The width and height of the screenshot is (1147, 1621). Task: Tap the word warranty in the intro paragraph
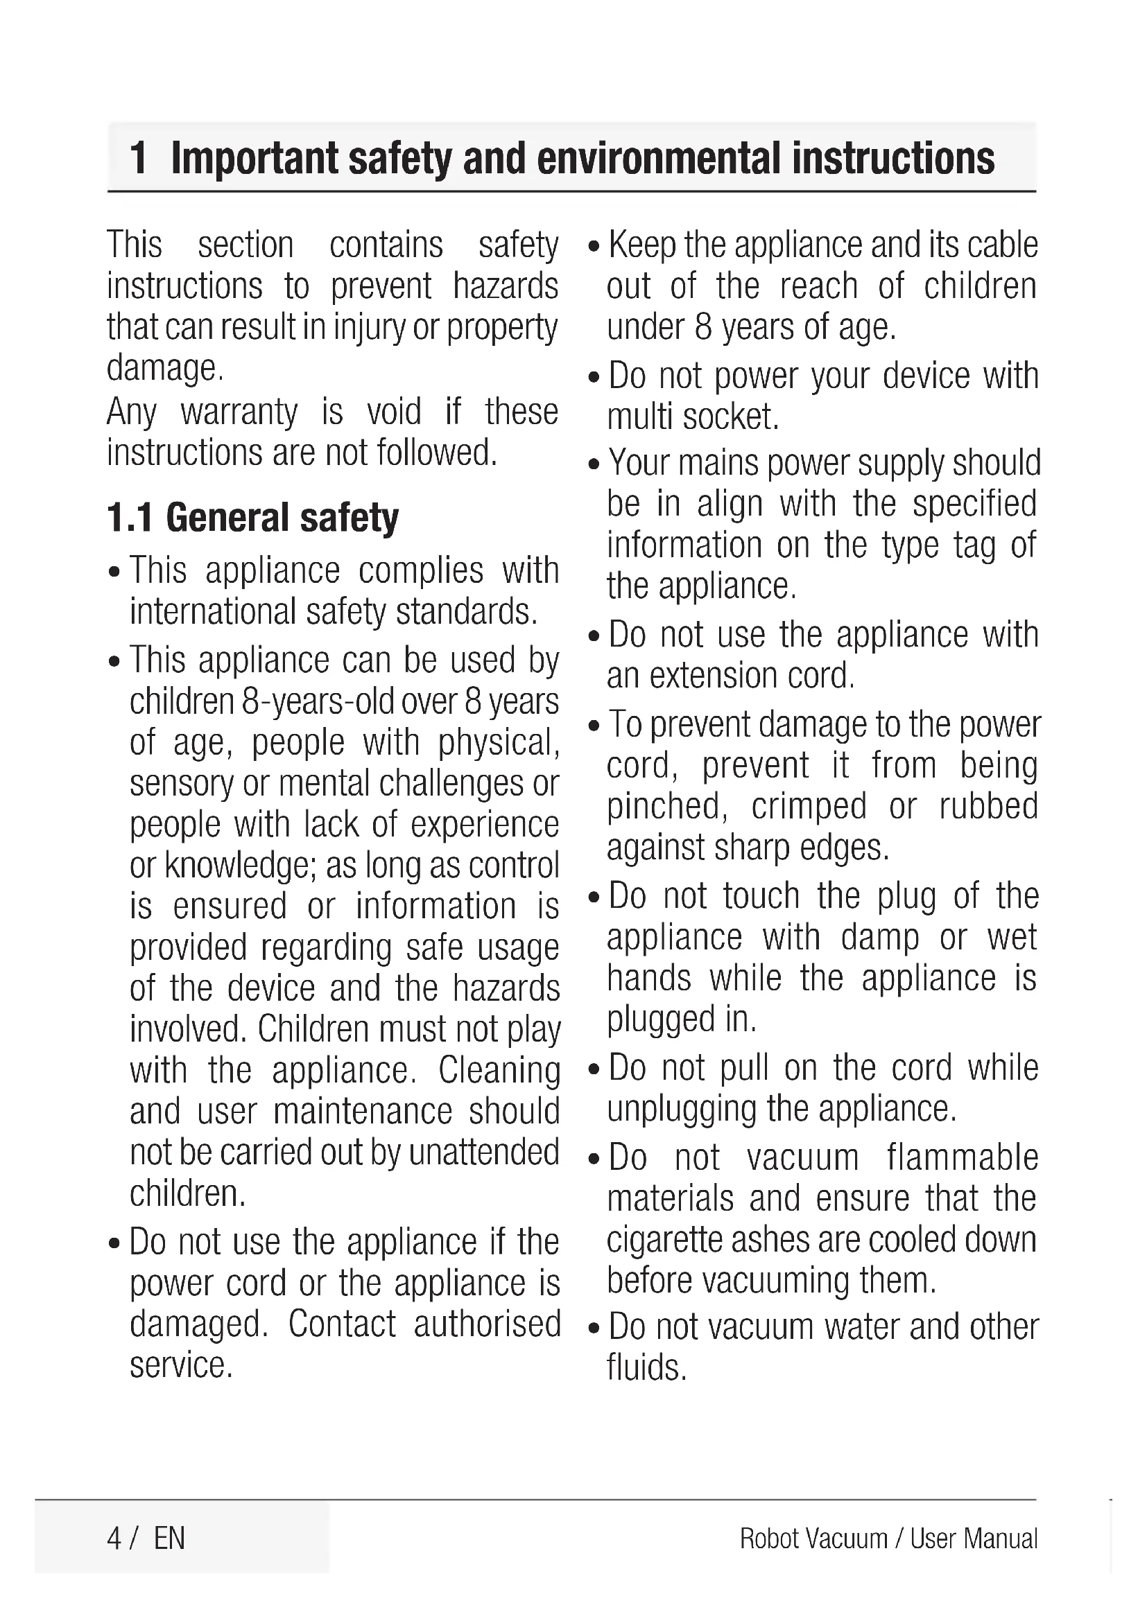tap(239, 412)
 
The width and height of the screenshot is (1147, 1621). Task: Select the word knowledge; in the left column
tap(241, 866)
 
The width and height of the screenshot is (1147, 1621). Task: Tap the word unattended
tap(484, 1153)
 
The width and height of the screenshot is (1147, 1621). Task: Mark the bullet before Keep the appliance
tap(594, 247)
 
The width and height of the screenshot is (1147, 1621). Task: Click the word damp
tap(880, 938)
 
